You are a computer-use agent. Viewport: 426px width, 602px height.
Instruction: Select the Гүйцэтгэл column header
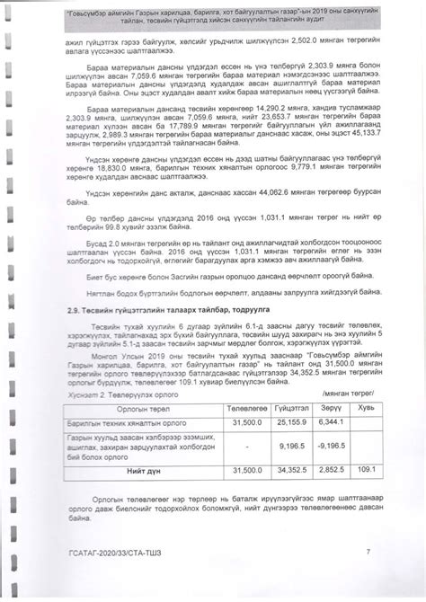pos(280,409)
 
